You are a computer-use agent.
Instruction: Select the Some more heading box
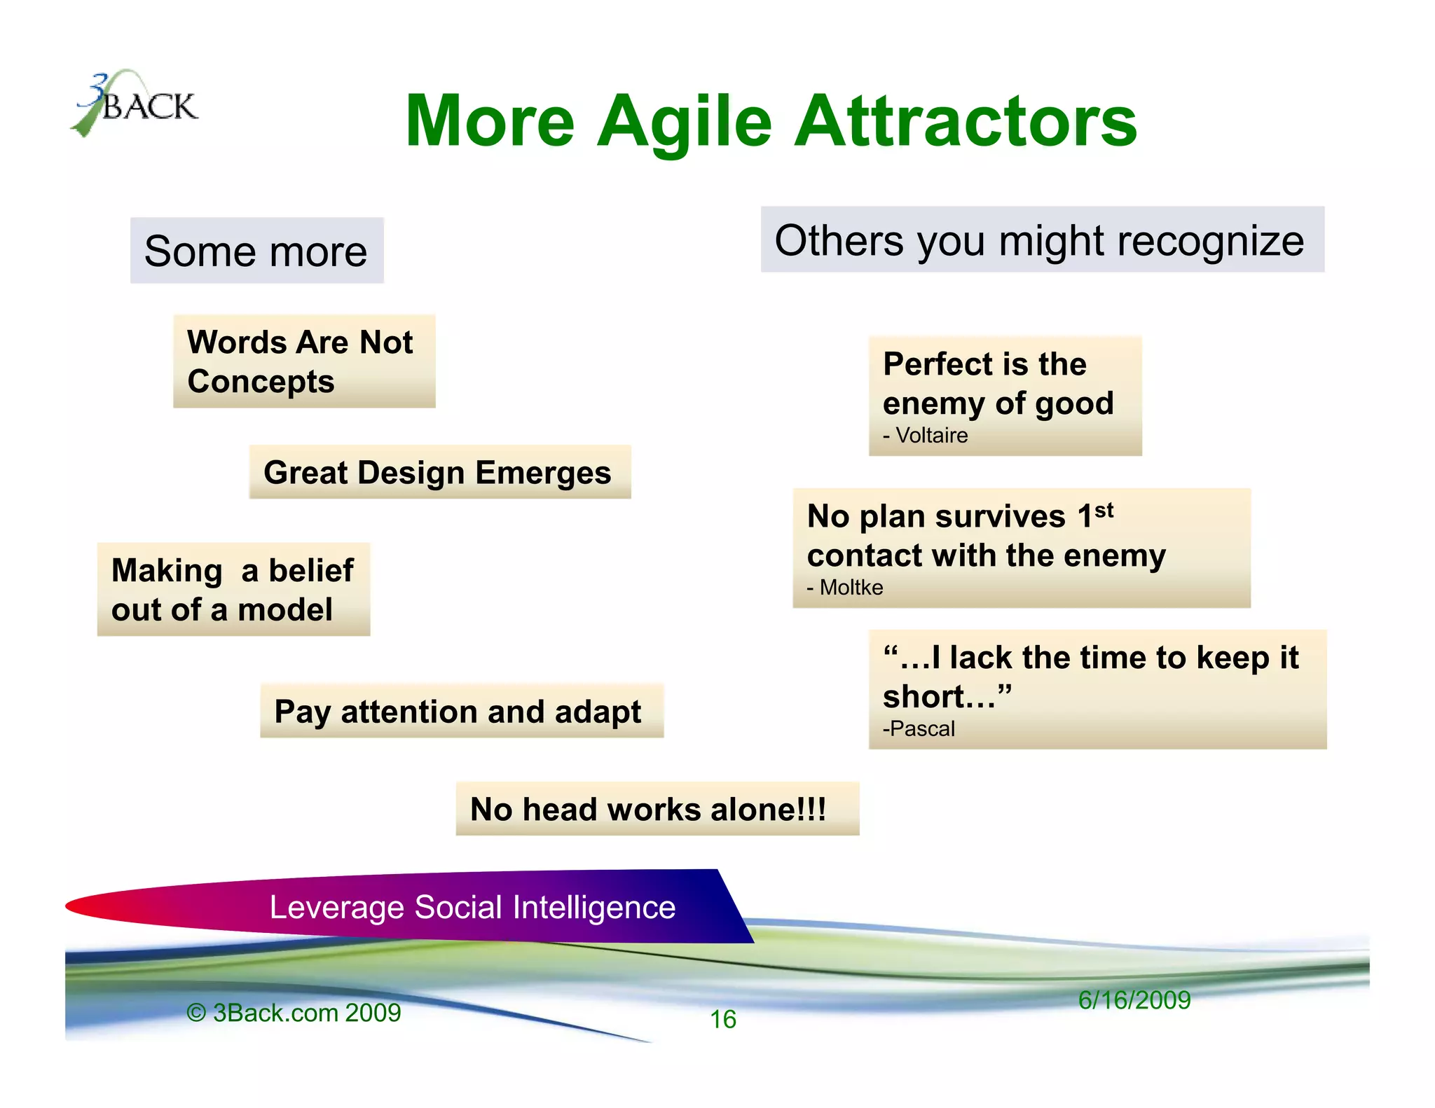[256, 251]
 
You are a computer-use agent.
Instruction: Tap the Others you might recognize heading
[1041, 240]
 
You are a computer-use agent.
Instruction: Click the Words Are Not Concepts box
[303, 361]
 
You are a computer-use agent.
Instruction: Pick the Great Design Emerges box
[439, 473]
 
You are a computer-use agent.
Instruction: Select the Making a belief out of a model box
[233, 590]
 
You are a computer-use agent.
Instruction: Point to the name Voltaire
[932, 436]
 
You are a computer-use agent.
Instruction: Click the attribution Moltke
[851, 588]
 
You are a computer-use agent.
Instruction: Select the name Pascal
[922, 729]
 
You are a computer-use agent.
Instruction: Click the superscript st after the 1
[1104, 510]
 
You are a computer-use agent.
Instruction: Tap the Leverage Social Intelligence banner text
[472, 908]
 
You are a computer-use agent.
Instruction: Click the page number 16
[723, 1020]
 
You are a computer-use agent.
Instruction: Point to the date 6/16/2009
[1134, 1000]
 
